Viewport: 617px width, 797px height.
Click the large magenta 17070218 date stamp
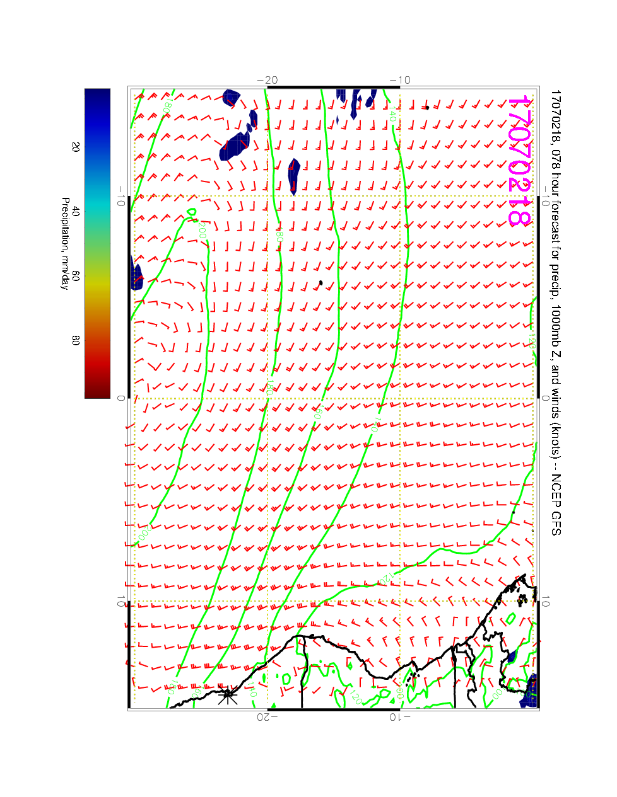point(520,161)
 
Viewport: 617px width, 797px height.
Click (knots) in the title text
point(555,439)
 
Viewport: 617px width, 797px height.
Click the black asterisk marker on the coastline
point(227,696)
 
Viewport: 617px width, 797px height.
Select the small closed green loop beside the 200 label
point(192,213)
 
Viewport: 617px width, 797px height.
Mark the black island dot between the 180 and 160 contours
point(320,283)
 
